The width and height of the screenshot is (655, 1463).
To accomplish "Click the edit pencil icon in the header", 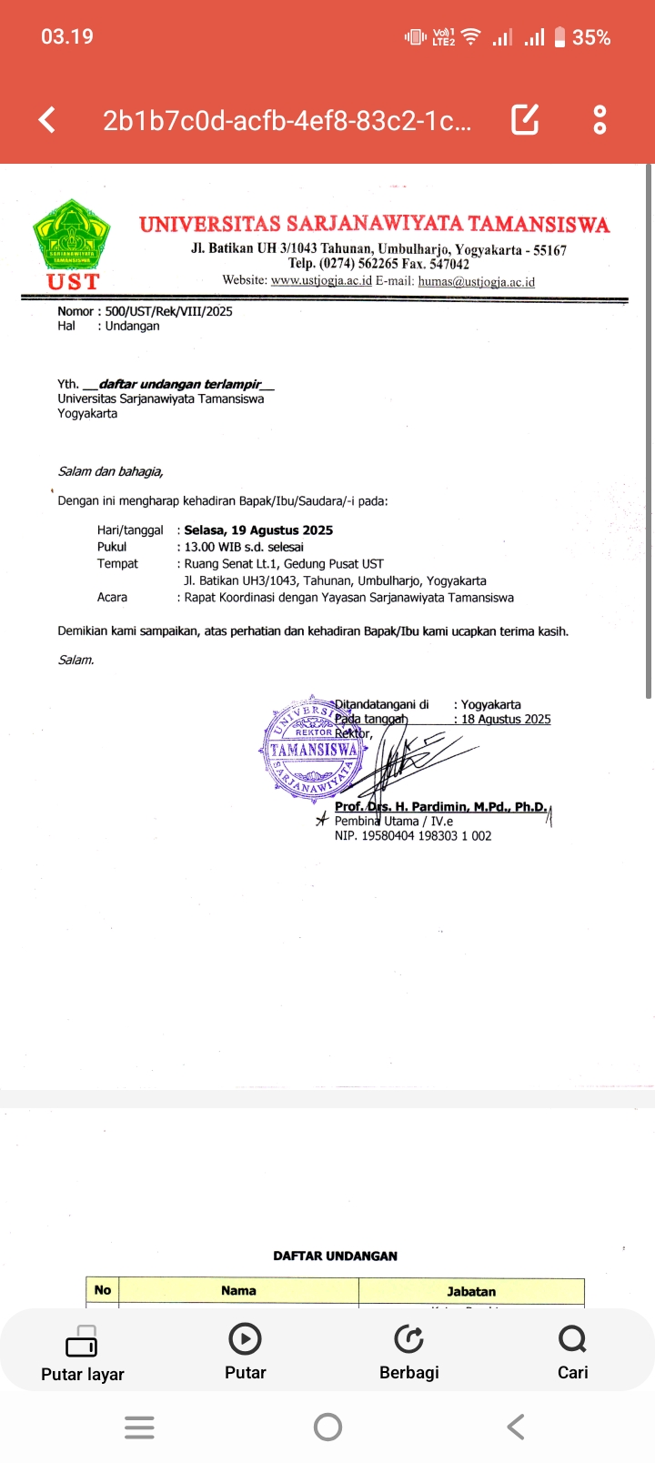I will (x=525, y=119).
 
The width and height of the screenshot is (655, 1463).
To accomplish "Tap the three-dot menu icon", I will (x=600, y=119).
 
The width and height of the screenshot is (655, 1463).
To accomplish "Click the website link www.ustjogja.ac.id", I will (x=321, y=281).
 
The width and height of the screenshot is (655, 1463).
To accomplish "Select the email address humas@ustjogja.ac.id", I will (x=476, y=281).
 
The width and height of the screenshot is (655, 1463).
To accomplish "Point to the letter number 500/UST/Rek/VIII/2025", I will (x=168, y=311).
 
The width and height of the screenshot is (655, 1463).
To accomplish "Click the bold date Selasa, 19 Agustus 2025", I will (x=258, y=530).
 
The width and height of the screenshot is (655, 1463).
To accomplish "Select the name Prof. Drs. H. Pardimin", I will (x=440, y=806).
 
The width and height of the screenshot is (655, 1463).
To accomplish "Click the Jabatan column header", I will (x=471, y=1291).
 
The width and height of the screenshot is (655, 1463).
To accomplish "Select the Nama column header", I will (x=238, y=1290).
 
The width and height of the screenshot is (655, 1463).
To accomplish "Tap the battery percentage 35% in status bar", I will (x=591, y=37).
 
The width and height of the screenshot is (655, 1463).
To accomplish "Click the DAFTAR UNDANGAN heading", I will (x=335, y=1256).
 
